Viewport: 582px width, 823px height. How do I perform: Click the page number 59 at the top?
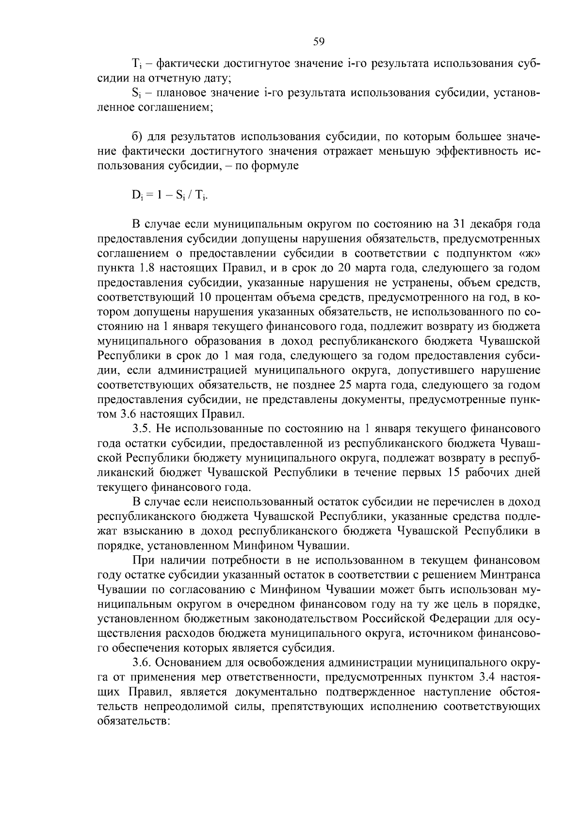(319, 41)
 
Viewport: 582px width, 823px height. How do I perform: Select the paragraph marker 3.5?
(142, 429)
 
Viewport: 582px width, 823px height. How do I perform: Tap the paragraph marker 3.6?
(142, 663)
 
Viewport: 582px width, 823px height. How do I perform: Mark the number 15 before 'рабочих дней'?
(452, 473)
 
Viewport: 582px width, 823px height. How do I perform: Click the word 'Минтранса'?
(510, 576)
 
